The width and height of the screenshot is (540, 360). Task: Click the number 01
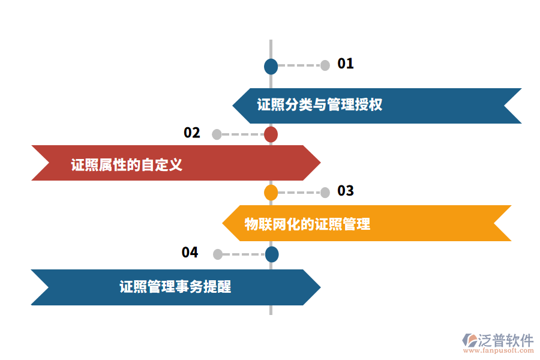(x=346, y=64)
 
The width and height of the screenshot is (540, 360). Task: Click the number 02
(x=192, y=133)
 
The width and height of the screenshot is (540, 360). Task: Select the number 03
(x=346, y=191)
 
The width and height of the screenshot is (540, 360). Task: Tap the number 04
(x=190, y=253)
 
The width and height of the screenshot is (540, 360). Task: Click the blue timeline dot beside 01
(x=271, y=67)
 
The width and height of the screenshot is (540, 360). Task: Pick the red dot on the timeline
(x=271, y=134)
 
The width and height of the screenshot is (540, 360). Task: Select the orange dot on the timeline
(x=271, y=193)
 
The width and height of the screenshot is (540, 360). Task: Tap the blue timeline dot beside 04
(x=272, y=254)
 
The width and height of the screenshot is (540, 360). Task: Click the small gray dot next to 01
(x=325, y=65)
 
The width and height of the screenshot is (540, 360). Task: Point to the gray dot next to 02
(x=217, y=134)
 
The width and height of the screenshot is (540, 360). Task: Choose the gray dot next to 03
(x=325, y=193)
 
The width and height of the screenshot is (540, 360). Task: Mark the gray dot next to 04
(x=218, y=254)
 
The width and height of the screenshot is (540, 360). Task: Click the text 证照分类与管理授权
(x=320, y=105)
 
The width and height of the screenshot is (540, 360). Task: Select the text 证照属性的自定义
(x=127, y=164)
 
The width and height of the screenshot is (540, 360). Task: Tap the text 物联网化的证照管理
(x=307, y=224)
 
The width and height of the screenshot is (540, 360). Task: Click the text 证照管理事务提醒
(x=175, y=287)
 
